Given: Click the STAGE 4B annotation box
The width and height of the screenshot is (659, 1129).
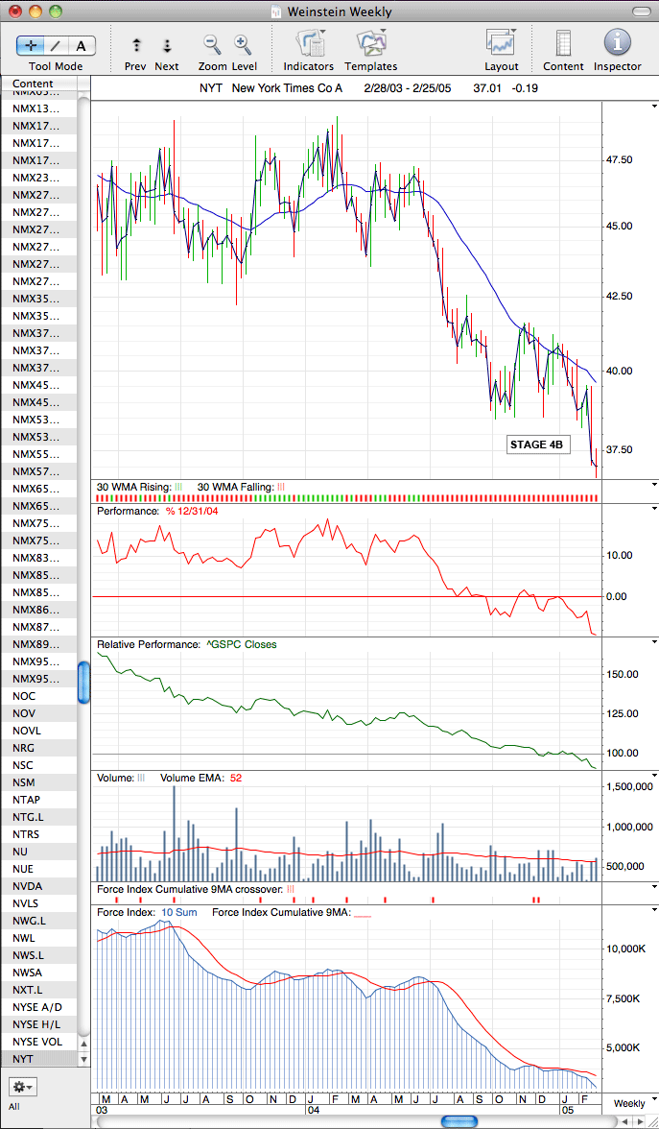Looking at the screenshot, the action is [x=538, y=444].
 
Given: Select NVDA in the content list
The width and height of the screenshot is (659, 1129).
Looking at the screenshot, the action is [x=27, y=886].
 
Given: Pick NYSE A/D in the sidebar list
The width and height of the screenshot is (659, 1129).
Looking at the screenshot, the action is [x=37, y=1007].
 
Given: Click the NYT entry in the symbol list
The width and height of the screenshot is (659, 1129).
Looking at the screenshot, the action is [x=23, y=1059].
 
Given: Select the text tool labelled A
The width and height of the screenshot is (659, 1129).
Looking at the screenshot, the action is [x=82, y=46].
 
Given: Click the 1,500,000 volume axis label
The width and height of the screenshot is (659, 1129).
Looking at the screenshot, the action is [x=629, y=786].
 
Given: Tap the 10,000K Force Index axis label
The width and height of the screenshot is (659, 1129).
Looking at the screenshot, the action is [x=624, y=949].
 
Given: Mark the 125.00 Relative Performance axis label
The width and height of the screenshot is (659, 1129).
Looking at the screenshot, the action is [x=623, y=713].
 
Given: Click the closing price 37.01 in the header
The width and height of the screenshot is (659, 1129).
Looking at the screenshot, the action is [x=486, y=88].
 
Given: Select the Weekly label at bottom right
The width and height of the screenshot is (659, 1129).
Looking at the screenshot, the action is [x=629, y=1103].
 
